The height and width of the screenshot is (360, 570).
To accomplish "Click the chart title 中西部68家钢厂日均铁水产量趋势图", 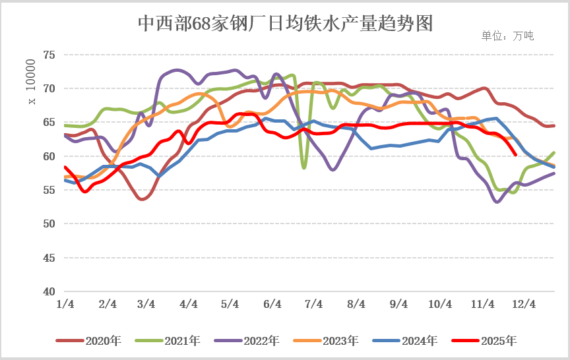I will (285, 24).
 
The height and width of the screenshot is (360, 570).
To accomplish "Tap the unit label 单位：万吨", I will (507, 36).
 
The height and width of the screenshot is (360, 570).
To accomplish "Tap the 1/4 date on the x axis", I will (65, 304).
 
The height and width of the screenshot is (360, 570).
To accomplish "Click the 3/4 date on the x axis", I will (146, 304).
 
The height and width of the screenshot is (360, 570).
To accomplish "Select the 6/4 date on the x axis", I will (272, 304).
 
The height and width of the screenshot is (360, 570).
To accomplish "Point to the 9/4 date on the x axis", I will (398, 304).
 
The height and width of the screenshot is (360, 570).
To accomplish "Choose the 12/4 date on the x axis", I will (524, 304).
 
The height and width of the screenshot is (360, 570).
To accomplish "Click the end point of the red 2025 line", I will (515, 155).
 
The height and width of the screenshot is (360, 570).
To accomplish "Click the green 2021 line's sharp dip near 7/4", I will (304, 167).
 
